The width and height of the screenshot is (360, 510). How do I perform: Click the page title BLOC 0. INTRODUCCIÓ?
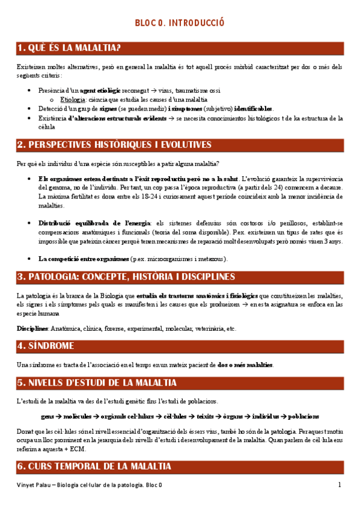click(x=180, y=23)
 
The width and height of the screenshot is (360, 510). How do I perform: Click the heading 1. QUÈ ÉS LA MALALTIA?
click(x=70, y=48)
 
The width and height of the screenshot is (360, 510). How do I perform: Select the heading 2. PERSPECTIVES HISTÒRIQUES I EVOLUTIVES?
click(x=114, y=145)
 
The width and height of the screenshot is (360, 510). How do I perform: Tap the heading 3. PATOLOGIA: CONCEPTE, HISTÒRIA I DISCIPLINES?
click(x=126, y=277)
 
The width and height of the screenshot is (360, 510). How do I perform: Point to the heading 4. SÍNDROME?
click(x=46, y=346)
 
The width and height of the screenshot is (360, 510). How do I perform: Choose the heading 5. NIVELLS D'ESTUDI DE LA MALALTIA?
click(x=97, y=382)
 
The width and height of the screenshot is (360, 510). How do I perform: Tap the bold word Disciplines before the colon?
click(x=32, y=328)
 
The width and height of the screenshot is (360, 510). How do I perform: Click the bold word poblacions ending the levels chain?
click(x=304, y=416)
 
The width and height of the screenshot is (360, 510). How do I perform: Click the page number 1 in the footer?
click(x=340, y=485)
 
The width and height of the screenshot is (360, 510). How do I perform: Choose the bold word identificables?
click(x=253, y=109)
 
